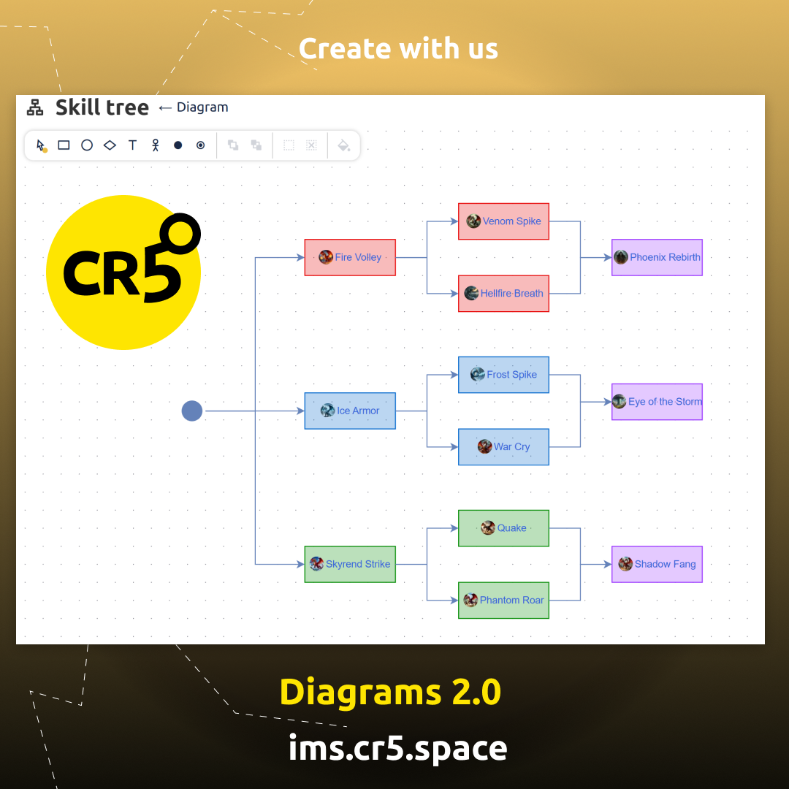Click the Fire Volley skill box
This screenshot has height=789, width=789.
point(350,257)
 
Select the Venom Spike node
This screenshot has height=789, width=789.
point(503,221)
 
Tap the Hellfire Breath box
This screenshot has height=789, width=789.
point(503,294)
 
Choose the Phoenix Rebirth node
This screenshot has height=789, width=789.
point(657,257)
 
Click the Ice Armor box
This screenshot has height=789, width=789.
point(350,411)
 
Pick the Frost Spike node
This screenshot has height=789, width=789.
point(503,375)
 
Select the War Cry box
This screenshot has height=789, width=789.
point(503,447)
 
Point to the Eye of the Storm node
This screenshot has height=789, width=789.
point(657,402)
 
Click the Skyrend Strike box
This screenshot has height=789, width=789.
point(350,564)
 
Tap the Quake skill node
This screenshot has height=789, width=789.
point(503,528)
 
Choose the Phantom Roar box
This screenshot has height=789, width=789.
point(503,601)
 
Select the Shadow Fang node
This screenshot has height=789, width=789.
point(657,564)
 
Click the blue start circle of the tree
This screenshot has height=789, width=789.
point(191,411)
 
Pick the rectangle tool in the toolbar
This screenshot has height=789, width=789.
point(64,145)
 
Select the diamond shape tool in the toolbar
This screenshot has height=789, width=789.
point(110,145)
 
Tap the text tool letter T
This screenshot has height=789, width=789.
point(132,145)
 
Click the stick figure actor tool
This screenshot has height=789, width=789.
point(155,145)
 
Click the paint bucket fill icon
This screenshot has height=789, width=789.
point(343,145)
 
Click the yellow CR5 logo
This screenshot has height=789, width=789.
point(123,272)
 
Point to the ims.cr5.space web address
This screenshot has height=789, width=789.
point(397,748)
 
